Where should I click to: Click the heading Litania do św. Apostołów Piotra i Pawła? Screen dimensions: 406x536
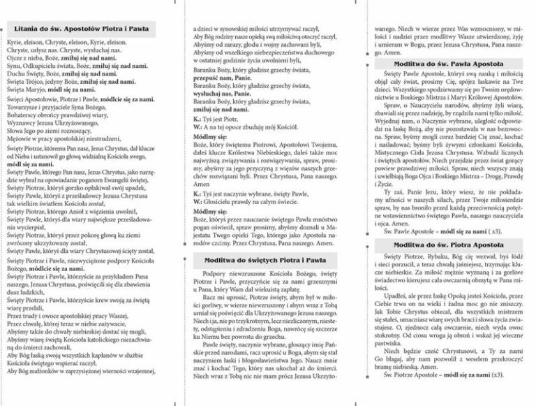[83, 28]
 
